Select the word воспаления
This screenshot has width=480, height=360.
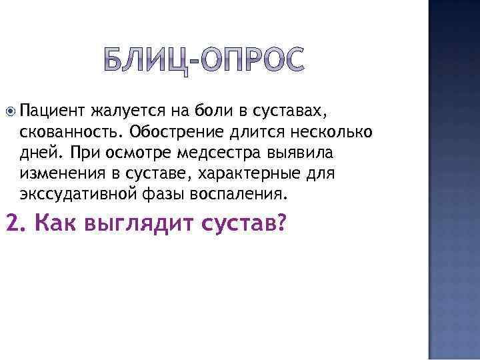232,195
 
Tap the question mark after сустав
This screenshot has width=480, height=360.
279,224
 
